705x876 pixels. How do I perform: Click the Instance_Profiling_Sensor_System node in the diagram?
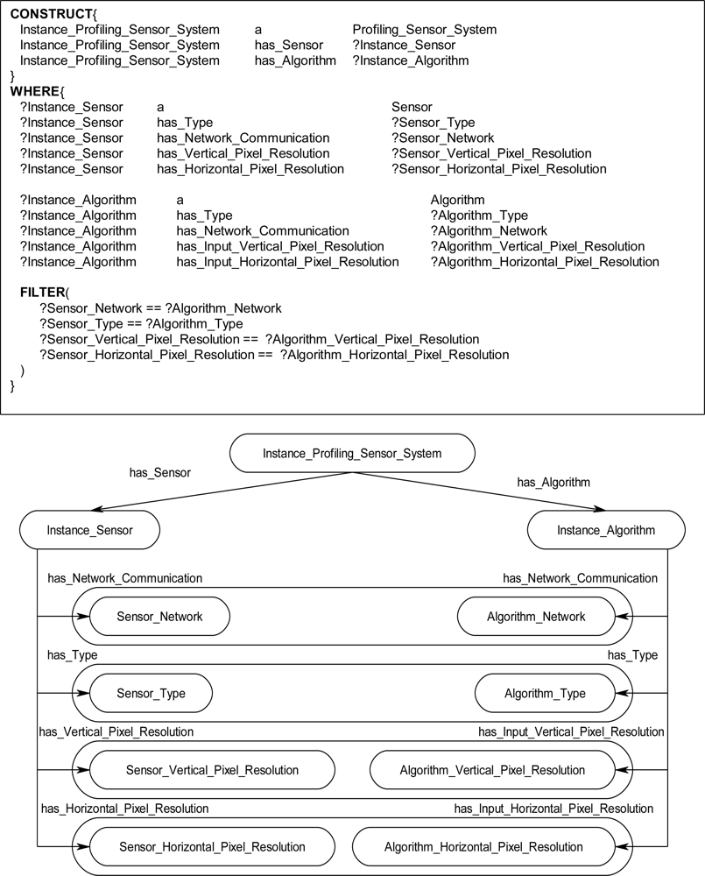[352, 453]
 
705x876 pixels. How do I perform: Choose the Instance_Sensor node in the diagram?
[89, 530]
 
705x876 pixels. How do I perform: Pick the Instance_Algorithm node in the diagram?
[606, 530]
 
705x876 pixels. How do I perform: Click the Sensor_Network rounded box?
[159, 617]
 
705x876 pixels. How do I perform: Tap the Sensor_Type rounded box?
[151, 694]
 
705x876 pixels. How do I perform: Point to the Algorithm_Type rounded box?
[545, 694]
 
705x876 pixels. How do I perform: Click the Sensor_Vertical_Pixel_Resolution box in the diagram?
[212, 770]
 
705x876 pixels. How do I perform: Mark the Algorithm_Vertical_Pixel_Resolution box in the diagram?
[492, 770]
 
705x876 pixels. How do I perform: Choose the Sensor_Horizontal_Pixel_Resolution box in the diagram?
[212, 847]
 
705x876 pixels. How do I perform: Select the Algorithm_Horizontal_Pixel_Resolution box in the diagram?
[483, 847]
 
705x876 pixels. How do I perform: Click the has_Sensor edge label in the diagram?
[159, 473]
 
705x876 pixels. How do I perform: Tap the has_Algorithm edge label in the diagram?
[553, 482]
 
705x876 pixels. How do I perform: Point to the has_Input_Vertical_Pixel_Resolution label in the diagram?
[571, 731]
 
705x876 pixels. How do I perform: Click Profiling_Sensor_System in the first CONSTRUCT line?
[424, 30]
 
